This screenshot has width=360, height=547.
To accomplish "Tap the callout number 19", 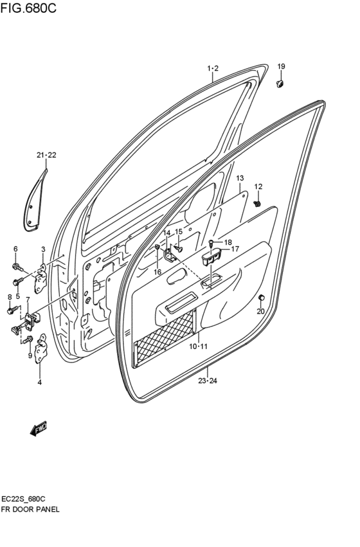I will pos(281,67).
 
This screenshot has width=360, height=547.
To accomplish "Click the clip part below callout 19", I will pos(280,83).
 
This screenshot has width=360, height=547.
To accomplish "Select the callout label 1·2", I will pos(213,68).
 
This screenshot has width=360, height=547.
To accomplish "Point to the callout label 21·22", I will pos(46,156).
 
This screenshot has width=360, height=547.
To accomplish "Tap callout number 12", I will pos(258,186).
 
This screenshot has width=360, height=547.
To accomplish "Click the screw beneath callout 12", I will pos(257,204).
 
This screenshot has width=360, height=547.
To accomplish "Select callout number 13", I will pos(240,177).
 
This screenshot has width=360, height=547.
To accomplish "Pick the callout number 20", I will pos(260,312).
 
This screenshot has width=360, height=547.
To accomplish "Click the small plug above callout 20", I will pos(262,298).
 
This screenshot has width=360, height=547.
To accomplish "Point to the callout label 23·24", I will pos(208,381).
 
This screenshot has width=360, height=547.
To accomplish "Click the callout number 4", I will pos(40,382).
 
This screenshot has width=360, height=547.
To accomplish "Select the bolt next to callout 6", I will pos(17,265).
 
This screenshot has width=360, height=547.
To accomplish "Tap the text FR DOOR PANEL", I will pos(31,508).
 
